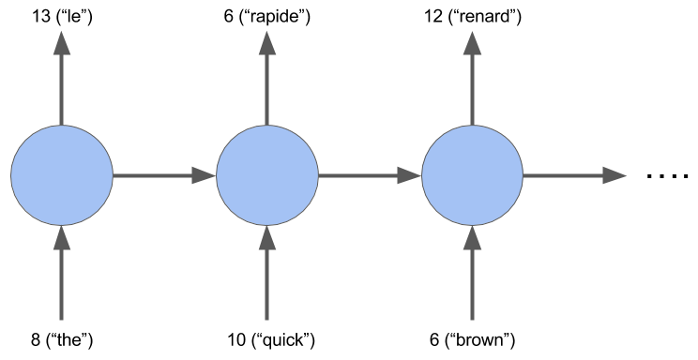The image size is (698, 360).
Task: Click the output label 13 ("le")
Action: coord(61,15)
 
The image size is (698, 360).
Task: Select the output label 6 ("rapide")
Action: coord(267,15)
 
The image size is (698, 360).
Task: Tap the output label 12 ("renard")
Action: coord(473,15)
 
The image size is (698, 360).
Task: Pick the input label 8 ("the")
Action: coord(61,339)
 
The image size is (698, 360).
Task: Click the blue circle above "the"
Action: coord(61,174)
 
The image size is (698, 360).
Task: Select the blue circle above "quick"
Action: coord(267,174)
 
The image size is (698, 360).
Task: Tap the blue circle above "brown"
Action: coord(473,174)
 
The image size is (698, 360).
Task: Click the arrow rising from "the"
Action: coord(61,272)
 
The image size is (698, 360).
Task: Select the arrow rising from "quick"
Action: coord(267,272)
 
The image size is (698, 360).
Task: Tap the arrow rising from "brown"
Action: coord(473,272)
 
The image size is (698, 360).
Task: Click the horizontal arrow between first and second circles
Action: coord(164,174)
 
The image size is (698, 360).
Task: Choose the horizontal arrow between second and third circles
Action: coord(370,174)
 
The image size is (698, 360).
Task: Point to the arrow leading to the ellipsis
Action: coord(574,174)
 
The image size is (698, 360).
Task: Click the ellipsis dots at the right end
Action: coord(668,175)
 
